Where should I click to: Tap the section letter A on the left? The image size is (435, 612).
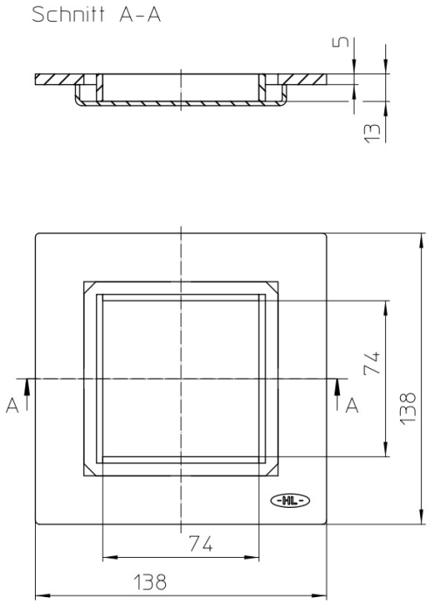tap(11, 405)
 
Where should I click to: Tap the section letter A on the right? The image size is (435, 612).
tap(351, 404)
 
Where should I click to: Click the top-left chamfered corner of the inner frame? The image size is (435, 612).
tap(88, 287)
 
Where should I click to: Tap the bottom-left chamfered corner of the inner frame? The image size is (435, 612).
tap(88, 470)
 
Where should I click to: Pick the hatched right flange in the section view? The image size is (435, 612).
tap(306, 80)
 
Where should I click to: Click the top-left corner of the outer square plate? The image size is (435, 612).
tap(36, 233)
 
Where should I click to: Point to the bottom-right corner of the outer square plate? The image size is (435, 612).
tap(327, 525)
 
